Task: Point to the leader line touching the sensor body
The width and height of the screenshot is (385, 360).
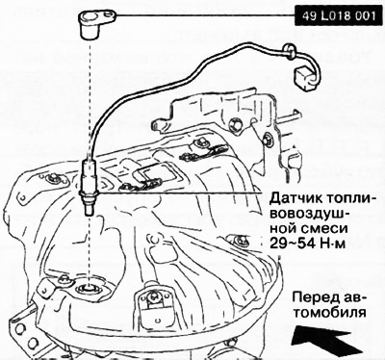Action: pos(183,193)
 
